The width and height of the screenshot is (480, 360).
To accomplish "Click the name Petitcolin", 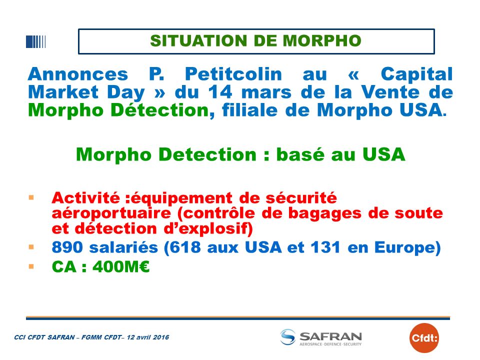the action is coord(233,74).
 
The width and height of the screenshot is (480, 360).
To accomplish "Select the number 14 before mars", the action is coord(220,92).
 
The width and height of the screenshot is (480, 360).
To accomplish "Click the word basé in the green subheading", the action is coord(300,154).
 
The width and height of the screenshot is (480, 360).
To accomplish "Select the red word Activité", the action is coord(85,198).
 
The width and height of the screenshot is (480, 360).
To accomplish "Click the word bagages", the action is coord(325,213).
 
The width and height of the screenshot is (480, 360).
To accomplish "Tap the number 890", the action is coord(67,247).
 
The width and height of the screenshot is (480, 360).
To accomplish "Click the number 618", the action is coord(185,247).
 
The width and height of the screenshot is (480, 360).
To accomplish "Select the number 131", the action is coord(325,247).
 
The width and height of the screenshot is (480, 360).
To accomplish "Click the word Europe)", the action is coord(407,247).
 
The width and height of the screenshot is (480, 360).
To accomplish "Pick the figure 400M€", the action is coord(121,266).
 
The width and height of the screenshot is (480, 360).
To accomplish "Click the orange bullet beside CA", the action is coord(31,266).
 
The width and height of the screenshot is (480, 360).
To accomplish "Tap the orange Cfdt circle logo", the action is coord(424,338).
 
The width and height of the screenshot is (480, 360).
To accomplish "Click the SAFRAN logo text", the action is coord(330,336).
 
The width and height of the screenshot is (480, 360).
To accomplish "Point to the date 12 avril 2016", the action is coord(148,337).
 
